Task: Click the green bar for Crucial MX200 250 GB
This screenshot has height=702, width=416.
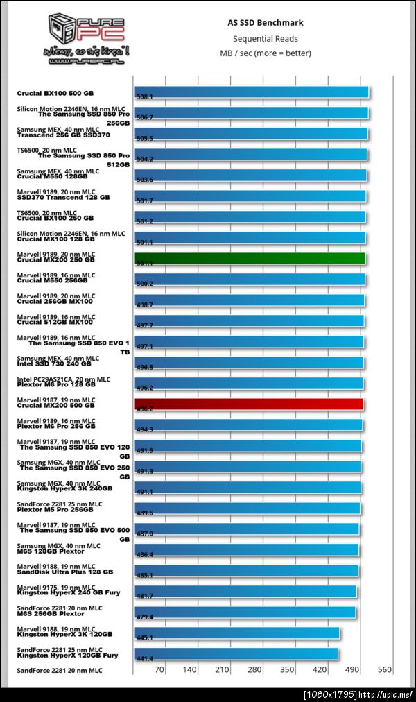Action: pyautogui.click(x=249, y=259)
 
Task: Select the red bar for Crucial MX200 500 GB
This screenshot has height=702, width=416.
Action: pyautogui.click(x=248, y=404)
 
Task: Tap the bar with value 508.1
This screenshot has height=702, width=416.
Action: pyautogui.click(x=251, y=92)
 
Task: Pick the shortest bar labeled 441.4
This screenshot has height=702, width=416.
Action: pyautogui.click(x=236, y=654)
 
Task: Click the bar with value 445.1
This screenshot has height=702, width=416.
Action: pyautogui.click(x=236, y=633)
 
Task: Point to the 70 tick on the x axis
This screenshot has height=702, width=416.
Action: pyautogui.click(x=160, y=669)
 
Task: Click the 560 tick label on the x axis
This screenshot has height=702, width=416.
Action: pyautogui.click(x=385, y=669)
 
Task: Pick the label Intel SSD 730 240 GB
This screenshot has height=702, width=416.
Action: pyautogui.click(x=54, y=363)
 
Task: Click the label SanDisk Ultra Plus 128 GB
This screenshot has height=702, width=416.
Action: pyautogui.click(x=65, y=572)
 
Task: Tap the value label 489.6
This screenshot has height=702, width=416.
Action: pyautogui.click(x=146, y=513)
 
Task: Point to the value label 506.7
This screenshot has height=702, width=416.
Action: pyautogui.click(x=146, y=117)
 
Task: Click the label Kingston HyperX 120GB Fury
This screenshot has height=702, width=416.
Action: pyautogui.click(x=67, y=655)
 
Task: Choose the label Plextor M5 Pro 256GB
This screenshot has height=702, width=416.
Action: pyautogui.click(x=55, y=509)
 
